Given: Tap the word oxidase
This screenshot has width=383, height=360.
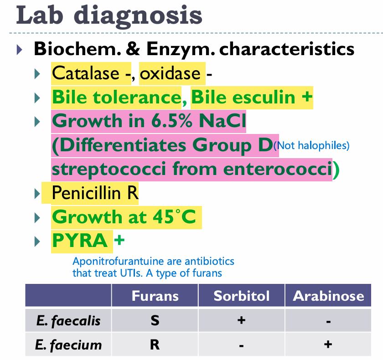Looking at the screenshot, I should point(170,73).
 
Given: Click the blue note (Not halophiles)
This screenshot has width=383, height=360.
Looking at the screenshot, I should point(313,146).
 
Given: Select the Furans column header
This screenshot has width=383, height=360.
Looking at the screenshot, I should point(155,296).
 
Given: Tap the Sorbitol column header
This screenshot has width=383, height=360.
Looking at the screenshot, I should point(242,296).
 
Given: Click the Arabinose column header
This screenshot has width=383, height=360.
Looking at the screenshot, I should point(328,296).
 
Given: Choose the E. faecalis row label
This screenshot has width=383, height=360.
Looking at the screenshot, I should point(68,321).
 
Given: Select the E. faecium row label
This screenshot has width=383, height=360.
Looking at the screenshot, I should point(68,345).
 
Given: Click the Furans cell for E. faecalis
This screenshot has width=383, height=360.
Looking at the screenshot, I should point(155,321).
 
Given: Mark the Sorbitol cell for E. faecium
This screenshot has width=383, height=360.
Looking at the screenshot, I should point(242,345).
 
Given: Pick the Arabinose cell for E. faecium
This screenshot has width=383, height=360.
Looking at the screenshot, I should point(328,345).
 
